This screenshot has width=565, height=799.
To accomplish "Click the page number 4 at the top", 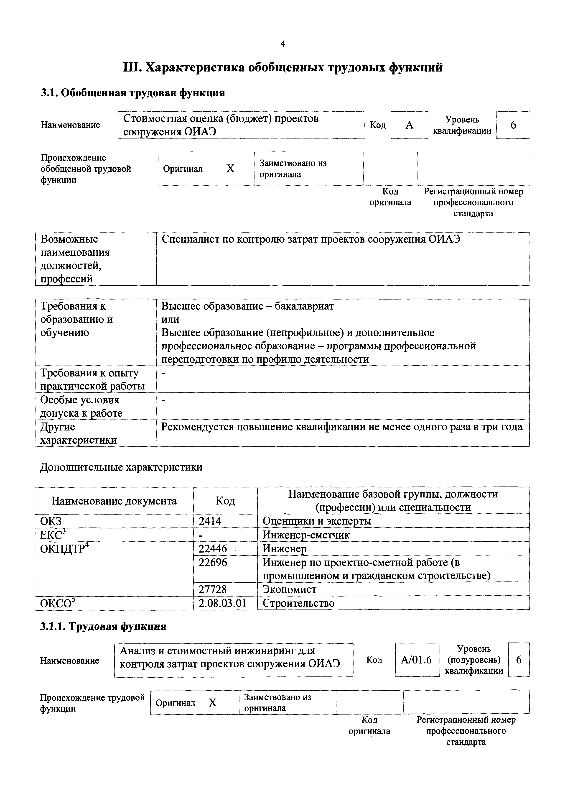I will (x=282, y=44).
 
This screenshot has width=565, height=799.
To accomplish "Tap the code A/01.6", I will (x=416, y=660).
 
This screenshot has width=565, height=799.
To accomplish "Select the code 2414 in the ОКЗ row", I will (x=210, y=521).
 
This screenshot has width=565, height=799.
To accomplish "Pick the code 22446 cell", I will (x=213, y=549).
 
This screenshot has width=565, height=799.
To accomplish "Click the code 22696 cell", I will (x=213, y=562).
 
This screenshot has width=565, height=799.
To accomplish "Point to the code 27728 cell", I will (x=213, y=589).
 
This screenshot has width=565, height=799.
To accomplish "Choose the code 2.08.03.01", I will (x=222, y=603).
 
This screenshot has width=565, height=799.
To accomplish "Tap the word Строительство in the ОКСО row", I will (x=298, y=603).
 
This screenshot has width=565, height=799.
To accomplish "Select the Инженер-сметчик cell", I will (x=306, y=535).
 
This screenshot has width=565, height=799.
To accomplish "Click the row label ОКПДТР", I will (x=63, y=549).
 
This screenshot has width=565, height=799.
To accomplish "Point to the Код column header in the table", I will (x=225, y=501).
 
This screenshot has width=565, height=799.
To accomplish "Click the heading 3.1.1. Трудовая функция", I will (x=103, y=626).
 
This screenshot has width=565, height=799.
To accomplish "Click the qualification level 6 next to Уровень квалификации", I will (x=513, y=125).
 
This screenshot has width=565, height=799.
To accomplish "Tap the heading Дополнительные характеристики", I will (x=121, y=467).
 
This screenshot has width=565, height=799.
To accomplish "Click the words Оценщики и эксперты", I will (x=317, y=521).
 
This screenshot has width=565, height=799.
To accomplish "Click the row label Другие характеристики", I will (x=78, y=433).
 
